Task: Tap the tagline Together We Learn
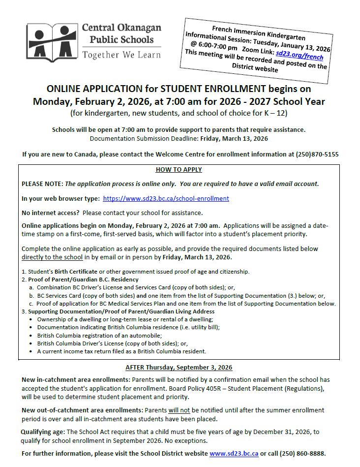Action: (121, 55)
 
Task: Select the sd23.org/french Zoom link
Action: (300, 55)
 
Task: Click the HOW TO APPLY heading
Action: (179, 170)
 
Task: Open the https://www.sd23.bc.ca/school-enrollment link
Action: (166, 199)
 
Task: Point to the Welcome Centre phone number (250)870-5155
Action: (317, 154)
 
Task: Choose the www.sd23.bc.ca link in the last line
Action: (234, 453)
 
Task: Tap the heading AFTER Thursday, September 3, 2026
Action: (179, 368)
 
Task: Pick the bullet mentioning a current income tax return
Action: (121, 351)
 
